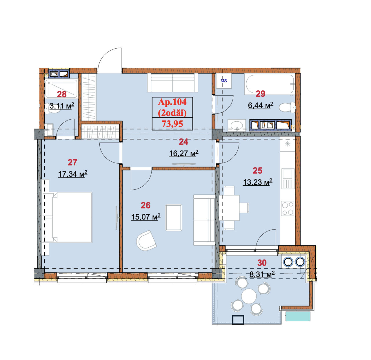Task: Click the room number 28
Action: (61, 94)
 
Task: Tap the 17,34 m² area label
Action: (72, 174)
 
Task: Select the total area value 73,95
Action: (172, 124)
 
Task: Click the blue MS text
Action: (224, 81)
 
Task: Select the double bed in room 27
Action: (67, 217)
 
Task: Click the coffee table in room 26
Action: (174, 218)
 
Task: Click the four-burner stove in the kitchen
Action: (288, 208)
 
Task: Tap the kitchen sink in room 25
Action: (288, 179)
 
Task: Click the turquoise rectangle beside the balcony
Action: (298, 316)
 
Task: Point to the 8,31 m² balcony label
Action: (262, 274)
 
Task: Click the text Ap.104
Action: (172, 102)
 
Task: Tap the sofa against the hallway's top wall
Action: (172, 83)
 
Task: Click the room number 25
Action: (257, 171)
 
